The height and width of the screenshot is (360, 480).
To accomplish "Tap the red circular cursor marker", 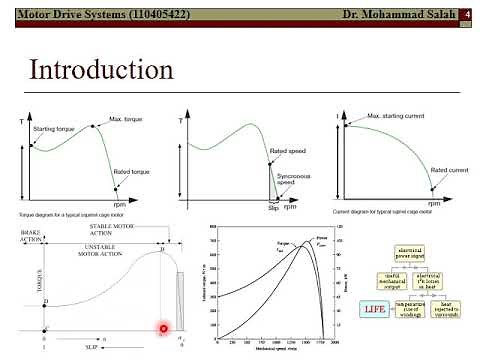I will [x=163, y=328].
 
